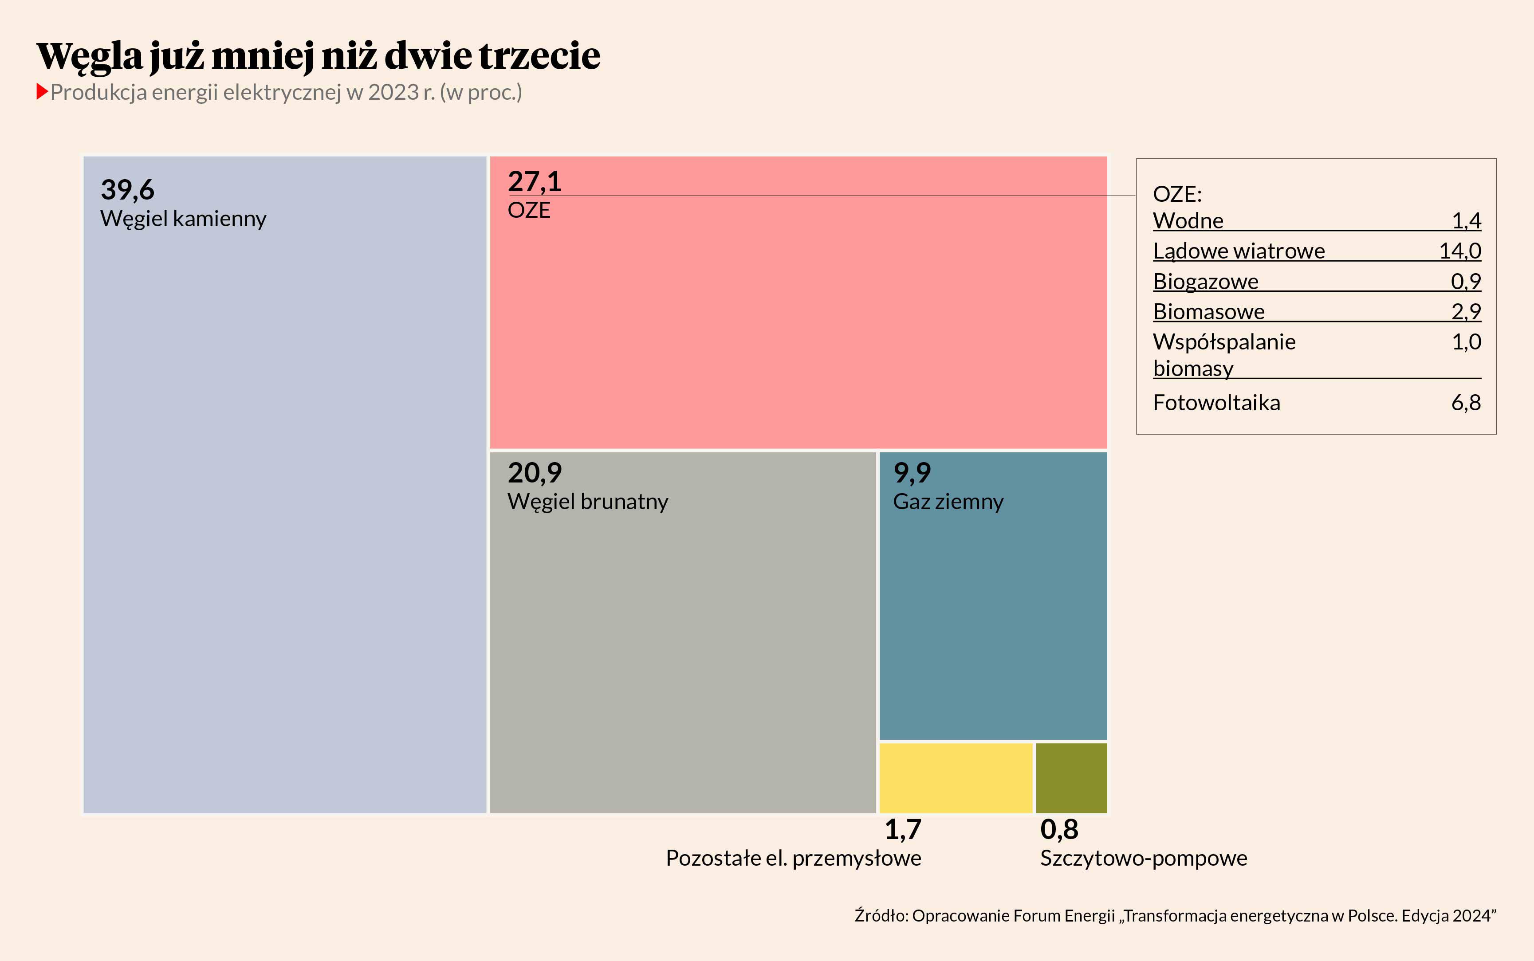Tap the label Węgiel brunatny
coord(587,502)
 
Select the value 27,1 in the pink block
coord(534,182)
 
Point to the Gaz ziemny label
coord(948,502)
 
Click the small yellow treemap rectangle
coord(956,778)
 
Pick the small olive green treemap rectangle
coord(1071,778)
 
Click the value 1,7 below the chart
coord(903,829)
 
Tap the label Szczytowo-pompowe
coord(1143,859)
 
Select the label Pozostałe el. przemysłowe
coord(793,859)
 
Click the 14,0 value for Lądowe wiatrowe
coord(1459,251)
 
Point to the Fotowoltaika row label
coord(1216,403)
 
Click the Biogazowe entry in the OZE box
coord(1205,282)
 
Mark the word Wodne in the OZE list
coord(1188,220)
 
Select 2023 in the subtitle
coord(393,93)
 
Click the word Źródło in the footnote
coord(881,916)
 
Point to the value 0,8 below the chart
coord(1059,829)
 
